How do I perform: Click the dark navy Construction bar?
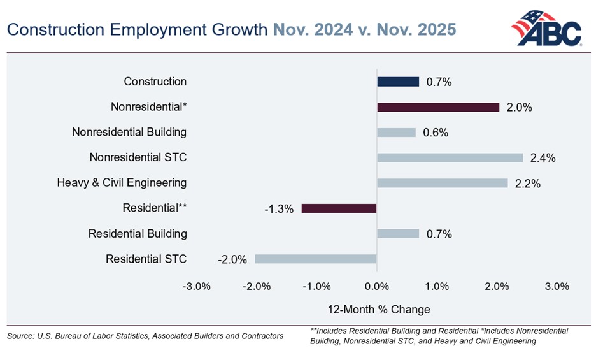398,82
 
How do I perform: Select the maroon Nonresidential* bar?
438,107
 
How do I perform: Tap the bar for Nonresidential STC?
450,157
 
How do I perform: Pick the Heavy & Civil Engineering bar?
443,183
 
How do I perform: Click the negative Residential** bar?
339,208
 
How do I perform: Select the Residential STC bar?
316,259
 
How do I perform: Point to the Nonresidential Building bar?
396,133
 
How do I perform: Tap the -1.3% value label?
278,209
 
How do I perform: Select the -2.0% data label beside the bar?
232,259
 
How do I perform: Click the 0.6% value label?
436,133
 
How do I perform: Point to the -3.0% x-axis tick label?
196,286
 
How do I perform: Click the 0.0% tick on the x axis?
377,286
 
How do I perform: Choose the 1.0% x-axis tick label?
437,286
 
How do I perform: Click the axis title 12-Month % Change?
379,310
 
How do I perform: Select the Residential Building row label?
138,234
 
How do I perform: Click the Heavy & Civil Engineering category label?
122,183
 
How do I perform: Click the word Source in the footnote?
20,336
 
